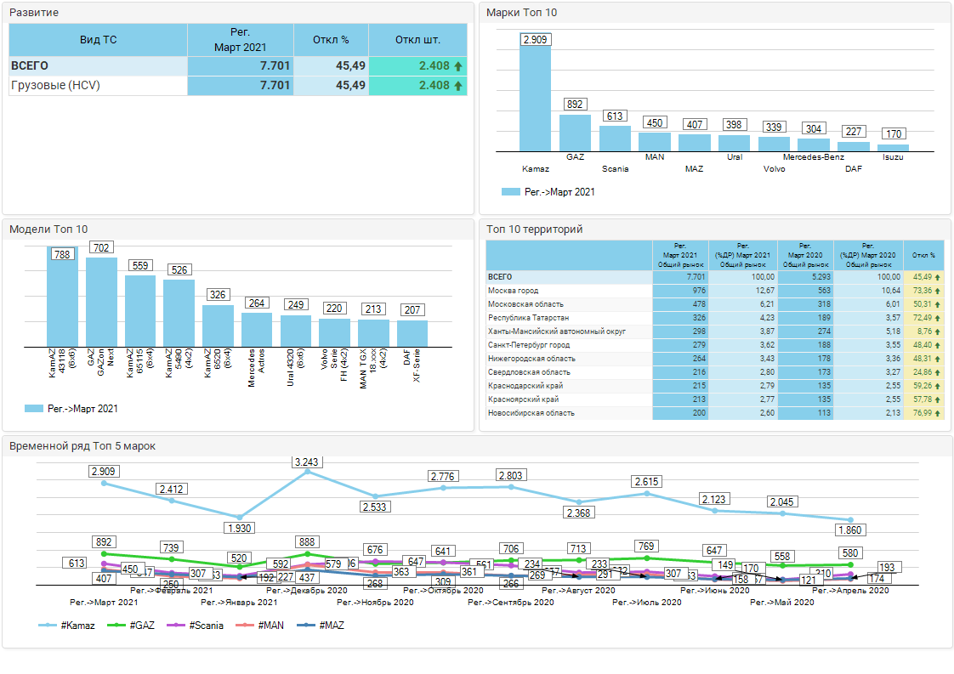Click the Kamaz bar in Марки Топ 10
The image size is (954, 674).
click(x=536, y=98)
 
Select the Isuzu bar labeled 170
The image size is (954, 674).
click(x=893, y=147)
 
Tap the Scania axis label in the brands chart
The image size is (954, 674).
click(x=615, y=168)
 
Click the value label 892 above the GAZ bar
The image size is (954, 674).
click(x=575, y=105)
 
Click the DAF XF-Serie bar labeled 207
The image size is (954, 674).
click(x=412, y=332)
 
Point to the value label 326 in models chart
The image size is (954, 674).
click(x=218, y=295)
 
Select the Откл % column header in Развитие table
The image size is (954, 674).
click(x=331, y=40)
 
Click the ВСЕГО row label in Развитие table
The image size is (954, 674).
click(x=30, y=65)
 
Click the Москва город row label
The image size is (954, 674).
click(x=513, y=291)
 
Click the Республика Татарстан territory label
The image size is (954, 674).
click(x=528, y=318)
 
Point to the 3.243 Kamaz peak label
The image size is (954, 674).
click(x=308, y=462)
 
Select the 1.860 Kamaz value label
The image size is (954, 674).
click(x=850, y=530)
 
